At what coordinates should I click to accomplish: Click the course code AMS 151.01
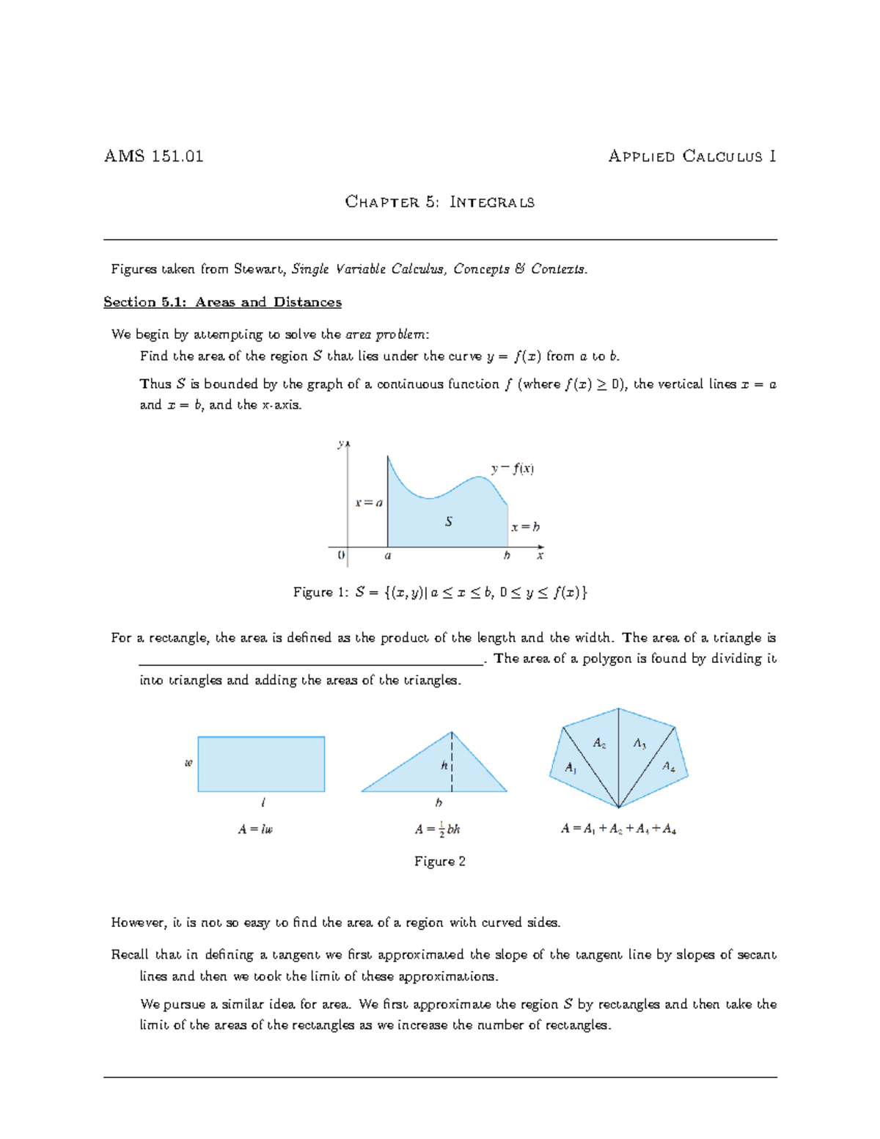(x=153, y=156)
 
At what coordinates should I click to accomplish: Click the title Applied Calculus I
(x=692, y=156)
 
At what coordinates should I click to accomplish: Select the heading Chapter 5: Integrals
(x=439, y=202)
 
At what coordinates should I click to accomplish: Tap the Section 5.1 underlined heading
(x=222, y=302)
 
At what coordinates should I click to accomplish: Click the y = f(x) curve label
(x=513, y=469)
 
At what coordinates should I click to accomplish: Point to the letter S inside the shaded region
(x=449, y=521)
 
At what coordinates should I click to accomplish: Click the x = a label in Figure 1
(x=369, y=503)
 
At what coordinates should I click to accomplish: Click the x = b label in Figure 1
(x=525, y=527)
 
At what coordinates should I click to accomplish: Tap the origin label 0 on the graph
(x=341, y=556)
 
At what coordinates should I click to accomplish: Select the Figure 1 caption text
(x=440, y=593)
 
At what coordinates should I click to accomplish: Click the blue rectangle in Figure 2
(x=261, y=764)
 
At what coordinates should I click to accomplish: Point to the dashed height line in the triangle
(x=452, y=763)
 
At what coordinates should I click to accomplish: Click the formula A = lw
(x=255, y=829)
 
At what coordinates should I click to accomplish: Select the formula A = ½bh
(x=437, y=829)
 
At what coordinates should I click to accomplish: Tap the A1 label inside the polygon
(x=571, y=768)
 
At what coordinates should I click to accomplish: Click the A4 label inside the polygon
(x=669, y=766)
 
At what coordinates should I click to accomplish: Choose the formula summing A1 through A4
(x=618, y=829)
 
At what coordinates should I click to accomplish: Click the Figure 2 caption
(x=439, y=862)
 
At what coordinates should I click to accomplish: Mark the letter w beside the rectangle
(x=188, y=763)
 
